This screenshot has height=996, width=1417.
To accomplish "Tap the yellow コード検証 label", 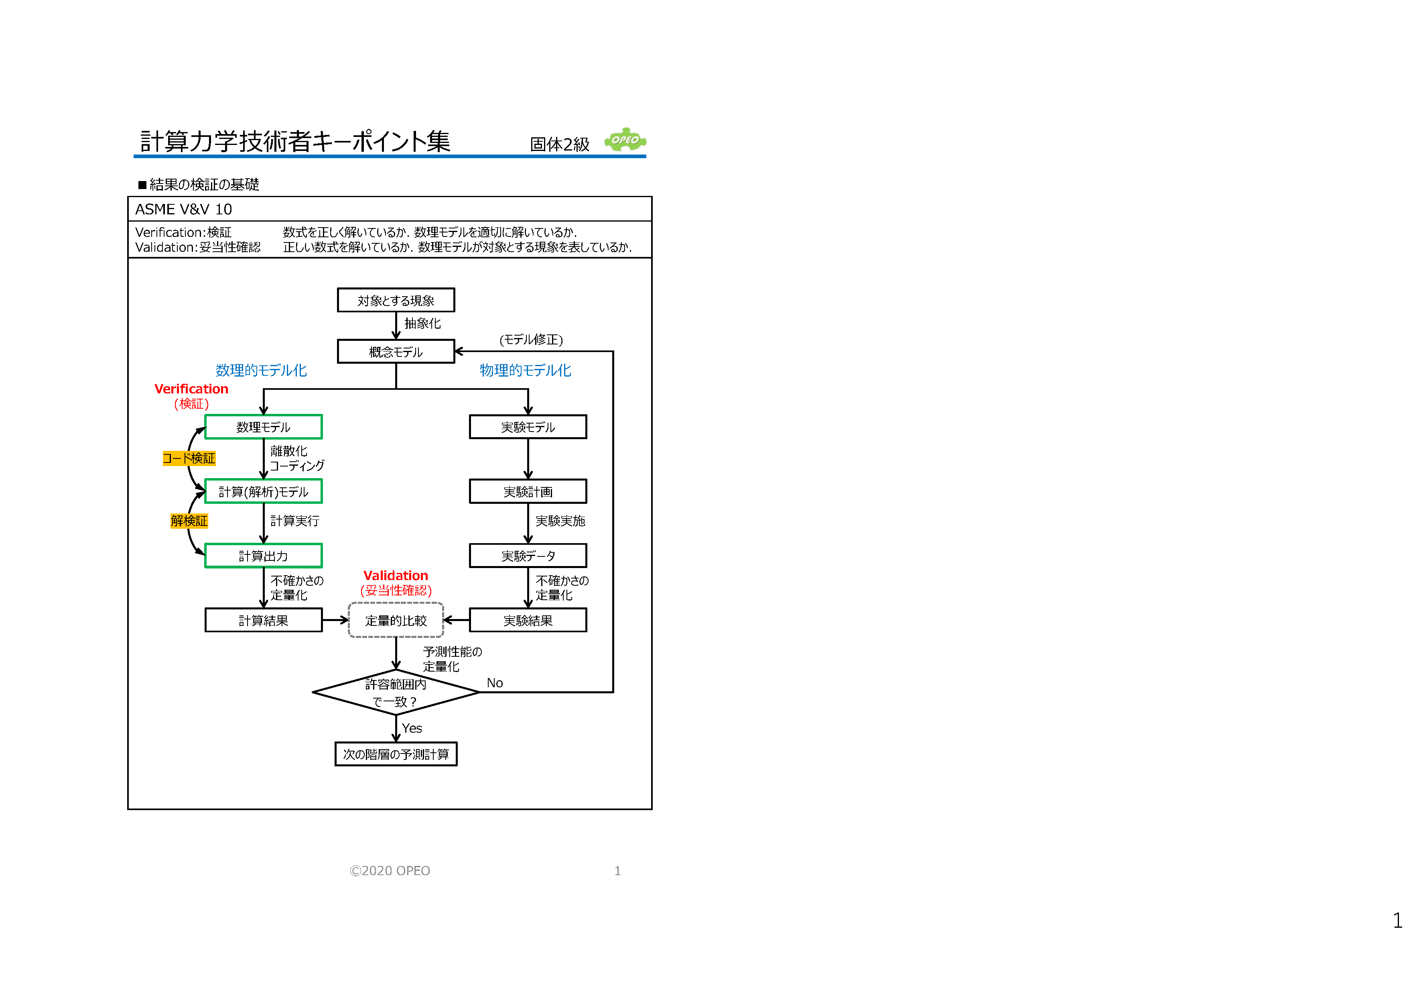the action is coord(189,458).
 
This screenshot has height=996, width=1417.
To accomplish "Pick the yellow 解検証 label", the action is coord(189,521).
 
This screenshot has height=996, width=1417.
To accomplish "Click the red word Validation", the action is coord(396,576).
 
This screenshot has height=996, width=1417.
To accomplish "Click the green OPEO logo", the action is coord(625,140).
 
